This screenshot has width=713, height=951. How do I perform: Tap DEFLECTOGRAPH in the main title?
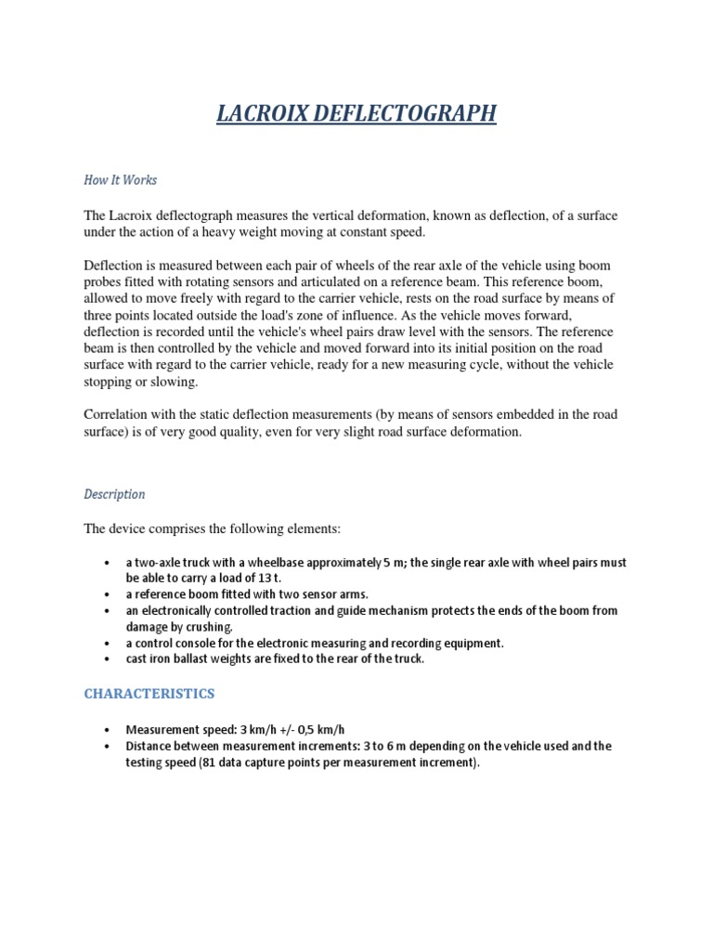tap(408, 114)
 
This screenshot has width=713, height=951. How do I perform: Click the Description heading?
tap(114, 494)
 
